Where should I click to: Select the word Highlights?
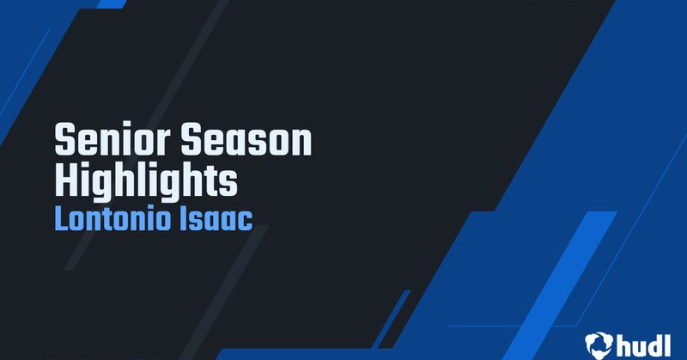145,180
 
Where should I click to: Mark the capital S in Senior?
65,141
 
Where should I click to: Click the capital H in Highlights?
66,180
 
